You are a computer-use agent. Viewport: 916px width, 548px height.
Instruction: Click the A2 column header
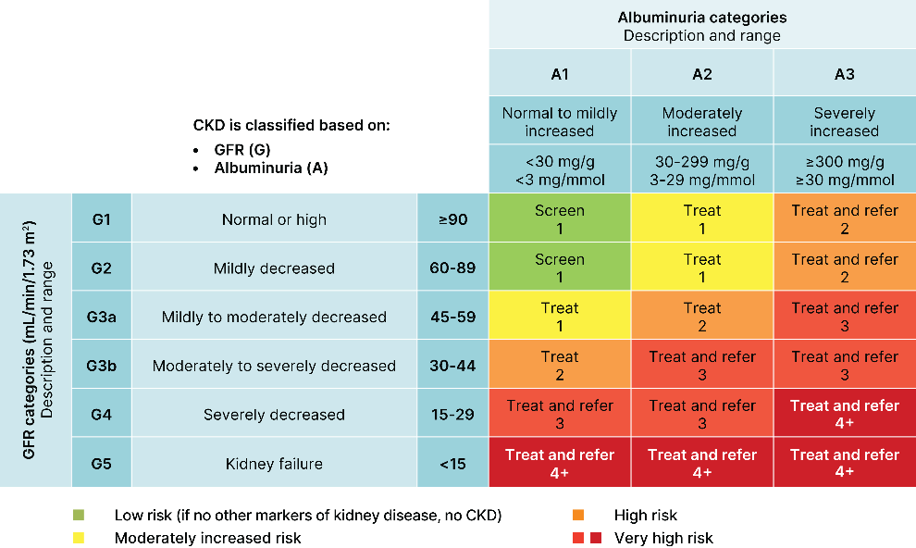click(701, 74)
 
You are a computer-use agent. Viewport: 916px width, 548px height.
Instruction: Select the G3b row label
click(101, 365)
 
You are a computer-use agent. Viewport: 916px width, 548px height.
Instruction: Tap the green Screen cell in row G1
click(560, 218)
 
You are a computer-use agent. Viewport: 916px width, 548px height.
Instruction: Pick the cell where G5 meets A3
click(844, 462)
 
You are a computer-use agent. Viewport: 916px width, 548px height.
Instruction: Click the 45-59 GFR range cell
click(452, 316)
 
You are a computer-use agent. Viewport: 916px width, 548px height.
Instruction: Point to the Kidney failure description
click(274, 463)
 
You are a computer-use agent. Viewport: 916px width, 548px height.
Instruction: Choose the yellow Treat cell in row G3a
click(560, 316)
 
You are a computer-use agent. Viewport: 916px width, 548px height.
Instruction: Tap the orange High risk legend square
click(578, 515)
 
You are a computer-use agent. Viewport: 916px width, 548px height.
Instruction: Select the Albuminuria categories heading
click(701, 26)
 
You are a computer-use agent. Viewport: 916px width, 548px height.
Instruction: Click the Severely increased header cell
click(844, 121)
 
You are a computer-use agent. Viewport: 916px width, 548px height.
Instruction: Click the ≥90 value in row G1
click(452, 219)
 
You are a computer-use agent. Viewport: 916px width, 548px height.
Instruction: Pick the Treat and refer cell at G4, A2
click(701, 414)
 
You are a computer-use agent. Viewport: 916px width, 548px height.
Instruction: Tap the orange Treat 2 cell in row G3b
click(560, 365)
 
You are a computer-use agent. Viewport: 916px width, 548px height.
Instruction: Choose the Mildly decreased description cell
click(274, 268)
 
